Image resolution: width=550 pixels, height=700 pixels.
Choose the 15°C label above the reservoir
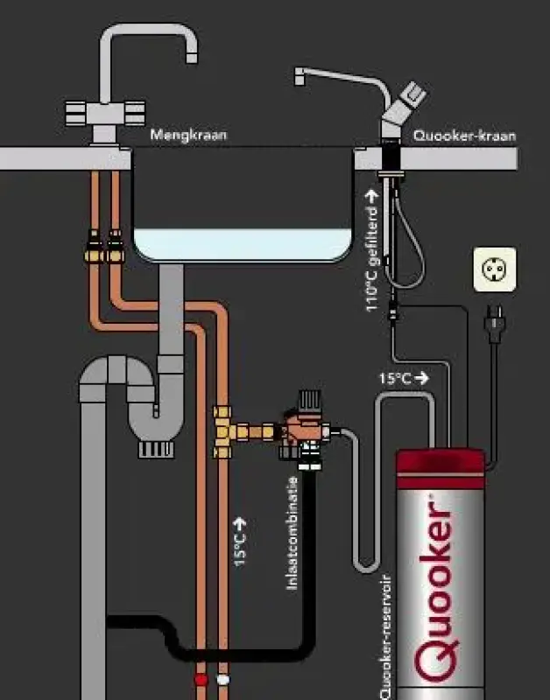click(x=395, y=379)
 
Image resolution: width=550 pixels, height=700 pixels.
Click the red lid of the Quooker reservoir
click(x=441, y=462)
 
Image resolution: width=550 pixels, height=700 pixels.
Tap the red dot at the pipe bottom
click(x=201, y=679)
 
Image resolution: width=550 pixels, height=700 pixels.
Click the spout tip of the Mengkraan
click(x=191, y=58)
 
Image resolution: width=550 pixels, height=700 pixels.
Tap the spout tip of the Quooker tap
click(x=300, y=81)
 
